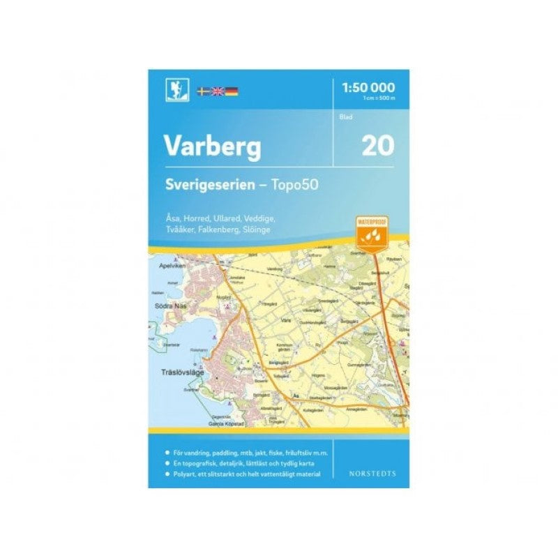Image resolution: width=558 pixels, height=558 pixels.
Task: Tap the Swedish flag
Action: [202, 91]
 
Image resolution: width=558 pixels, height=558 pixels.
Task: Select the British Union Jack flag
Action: [217, 91]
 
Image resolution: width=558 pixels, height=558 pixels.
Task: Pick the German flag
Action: [231, 91]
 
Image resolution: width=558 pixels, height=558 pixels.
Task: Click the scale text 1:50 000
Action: [369, 87]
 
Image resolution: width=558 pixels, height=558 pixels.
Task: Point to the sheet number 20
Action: [377, 145]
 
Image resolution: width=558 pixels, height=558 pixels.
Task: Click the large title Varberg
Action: [212, 146]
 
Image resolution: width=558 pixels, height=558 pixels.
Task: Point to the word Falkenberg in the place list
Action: [217, 229]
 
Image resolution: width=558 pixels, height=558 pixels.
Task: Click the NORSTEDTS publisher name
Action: [372, 474]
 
